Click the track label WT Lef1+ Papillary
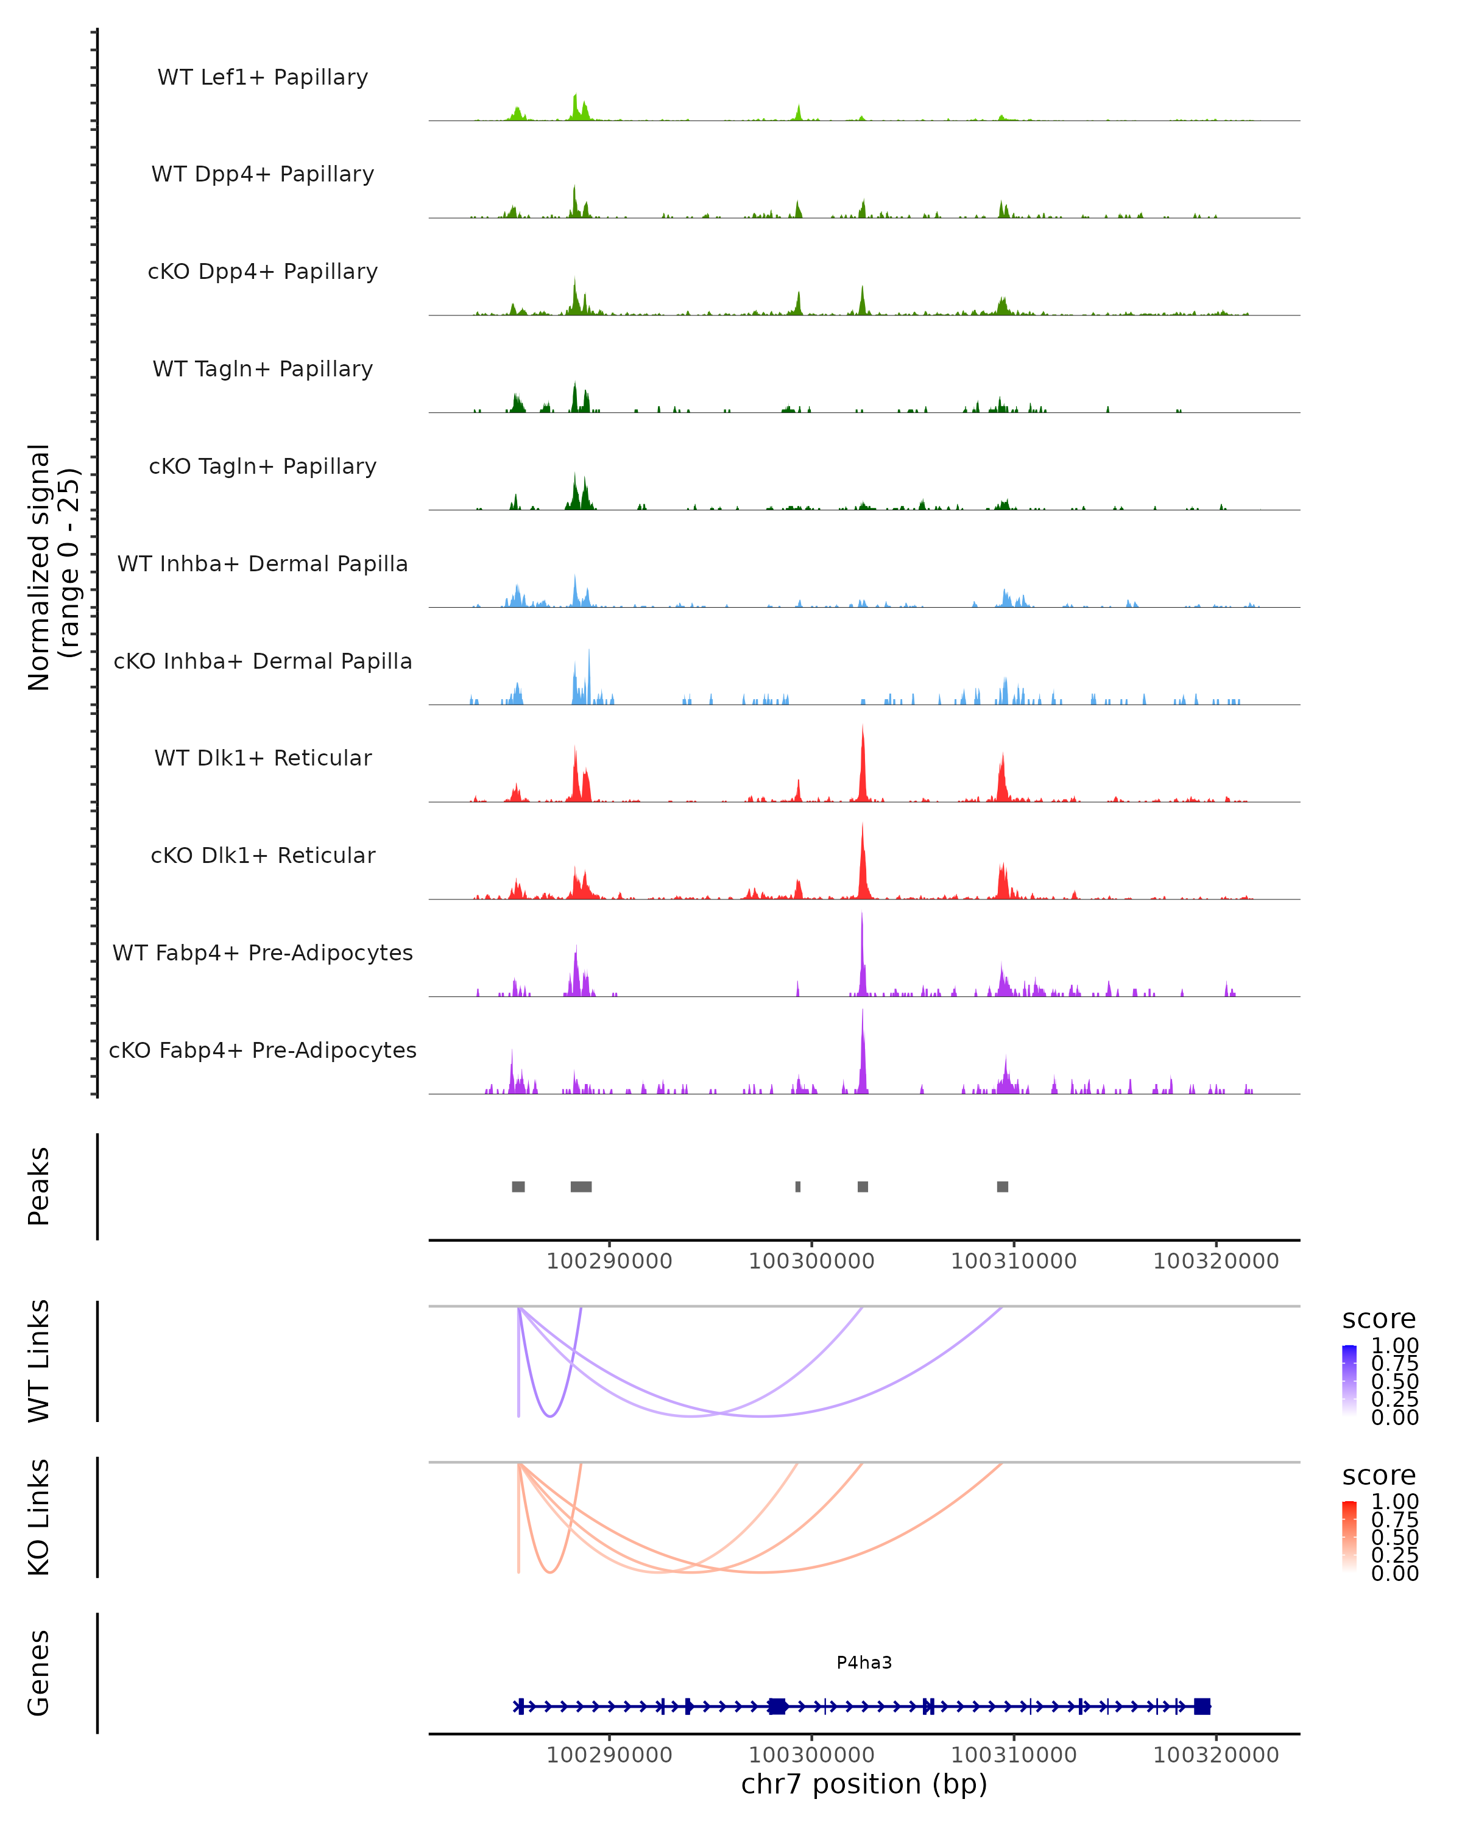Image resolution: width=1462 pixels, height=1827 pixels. coord(263,77)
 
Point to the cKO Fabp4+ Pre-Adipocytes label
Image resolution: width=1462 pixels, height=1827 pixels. coord(263,1050)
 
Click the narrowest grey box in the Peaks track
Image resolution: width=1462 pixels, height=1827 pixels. coord(797,1186)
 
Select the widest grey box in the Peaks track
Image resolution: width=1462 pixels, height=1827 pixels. coord(581,1186)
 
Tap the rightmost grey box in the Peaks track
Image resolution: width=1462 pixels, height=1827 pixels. coord(1003,1186)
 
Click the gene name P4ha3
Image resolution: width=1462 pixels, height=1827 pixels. coord(864,1663)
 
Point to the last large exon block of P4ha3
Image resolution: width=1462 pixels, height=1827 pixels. coord(1202,1706)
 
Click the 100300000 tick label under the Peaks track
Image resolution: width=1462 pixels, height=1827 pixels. coord(811,1261)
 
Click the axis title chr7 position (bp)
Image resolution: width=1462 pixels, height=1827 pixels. coord(864,1784)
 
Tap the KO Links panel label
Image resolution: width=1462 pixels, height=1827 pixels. coord(39,1518)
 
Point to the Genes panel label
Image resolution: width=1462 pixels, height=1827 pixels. coord(39,1673)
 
